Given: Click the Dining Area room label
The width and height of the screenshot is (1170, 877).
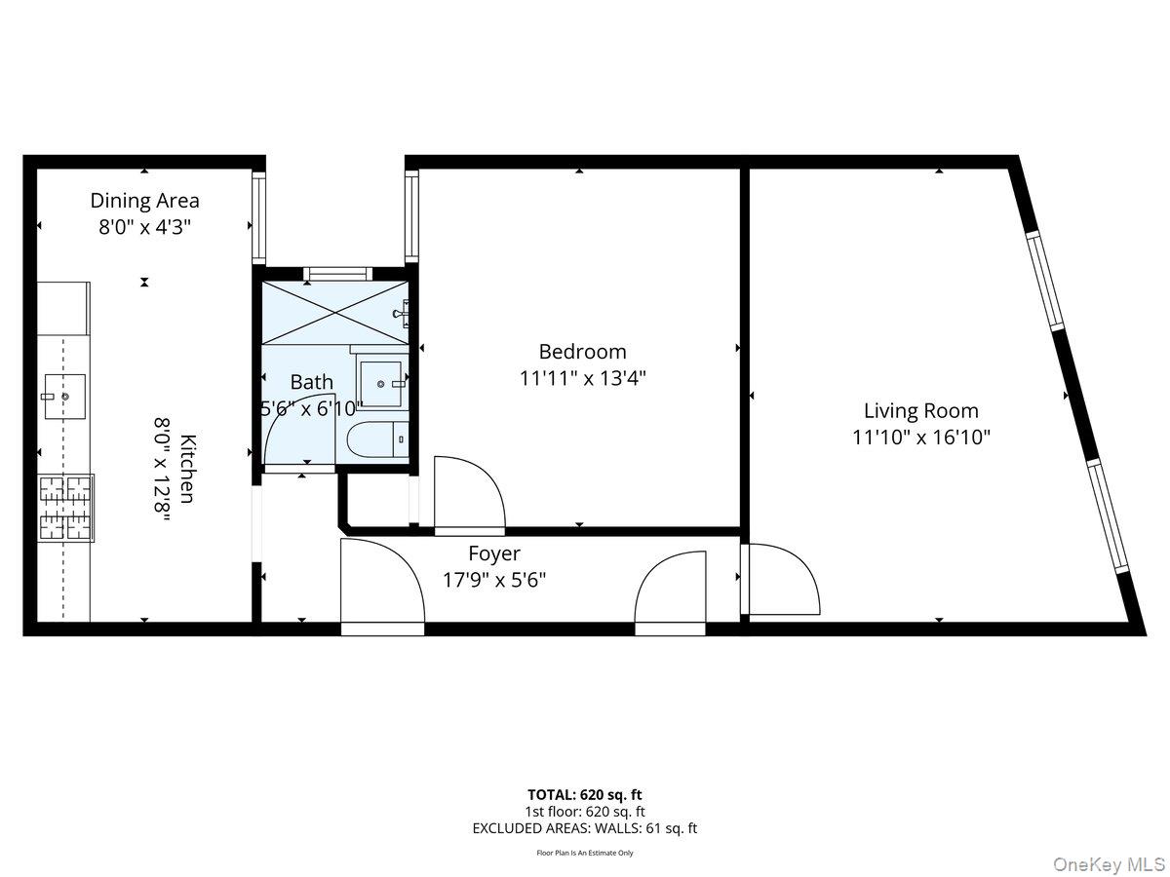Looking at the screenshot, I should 145,201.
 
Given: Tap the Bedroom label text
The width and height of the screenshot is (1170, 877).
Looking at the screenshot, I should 583,352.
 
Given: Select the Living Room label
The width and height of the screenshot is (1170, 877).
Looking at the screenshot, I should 921,411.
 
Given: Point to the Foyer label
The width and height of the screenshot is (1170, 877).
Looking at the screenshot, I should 494,554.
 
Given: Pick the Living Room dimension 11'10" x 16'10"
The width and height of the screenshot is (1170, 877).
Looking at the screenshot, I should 921,438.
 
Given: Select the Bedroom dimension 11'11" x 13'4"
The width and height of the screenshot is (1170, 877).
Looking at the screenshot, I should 583,378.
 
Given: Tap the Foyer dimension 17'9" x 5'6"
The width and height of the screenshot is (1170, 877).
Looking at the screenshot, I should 494,580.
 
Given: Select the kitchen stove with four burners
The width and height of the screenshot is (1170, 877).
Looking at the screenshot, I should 66,508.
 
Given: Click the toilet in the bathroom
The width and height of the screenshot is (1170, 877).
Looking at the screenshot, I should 378,440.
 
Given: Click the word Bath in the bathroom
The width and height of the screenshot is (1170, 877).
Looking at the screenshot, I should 311,383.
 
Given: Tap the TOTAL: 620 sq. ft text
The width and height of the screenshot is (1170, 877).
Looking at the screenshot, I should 585,794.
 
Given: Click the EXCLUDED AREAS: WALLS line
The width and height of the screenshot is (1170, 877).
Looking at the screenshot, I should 585,829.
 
